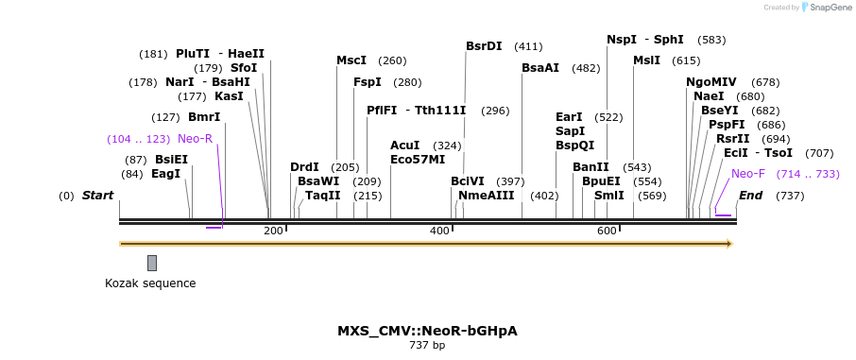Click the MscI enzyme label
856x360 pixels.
pos(351,60)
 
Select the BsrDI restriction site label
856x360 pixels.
pos(484,45)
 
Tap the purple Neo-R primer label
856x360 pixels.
pos(195,139)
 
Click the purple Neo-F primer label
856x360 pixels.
pos(748,174)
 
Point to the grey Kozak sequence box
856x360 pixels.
pos(152,263)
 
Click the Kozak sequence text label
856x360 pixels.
pos(150,283)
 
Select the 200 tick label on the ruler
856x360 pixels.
pos(273,231)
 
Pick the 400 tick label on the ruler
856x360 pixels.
pos(439,231)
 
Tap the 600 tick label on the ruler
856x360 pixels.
pos(607,231)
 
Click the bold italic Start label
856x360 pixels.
pos(97,196)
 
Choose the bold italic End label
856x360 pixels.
pos(750,196)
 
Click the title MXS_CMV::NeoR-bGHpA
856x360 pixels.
pos(427,331)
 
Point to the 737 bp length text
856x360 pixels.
pos(427,346)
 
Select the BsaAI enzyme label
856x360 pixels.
pos(540,68)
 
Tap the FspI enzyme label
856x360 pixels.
pos(368,82)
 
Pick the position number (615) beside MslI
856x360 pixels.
pos(686,60)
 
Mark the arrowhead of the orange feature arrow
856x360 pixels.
pos(728,244)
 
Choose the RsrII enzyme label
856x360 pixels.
pos(732,139)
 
